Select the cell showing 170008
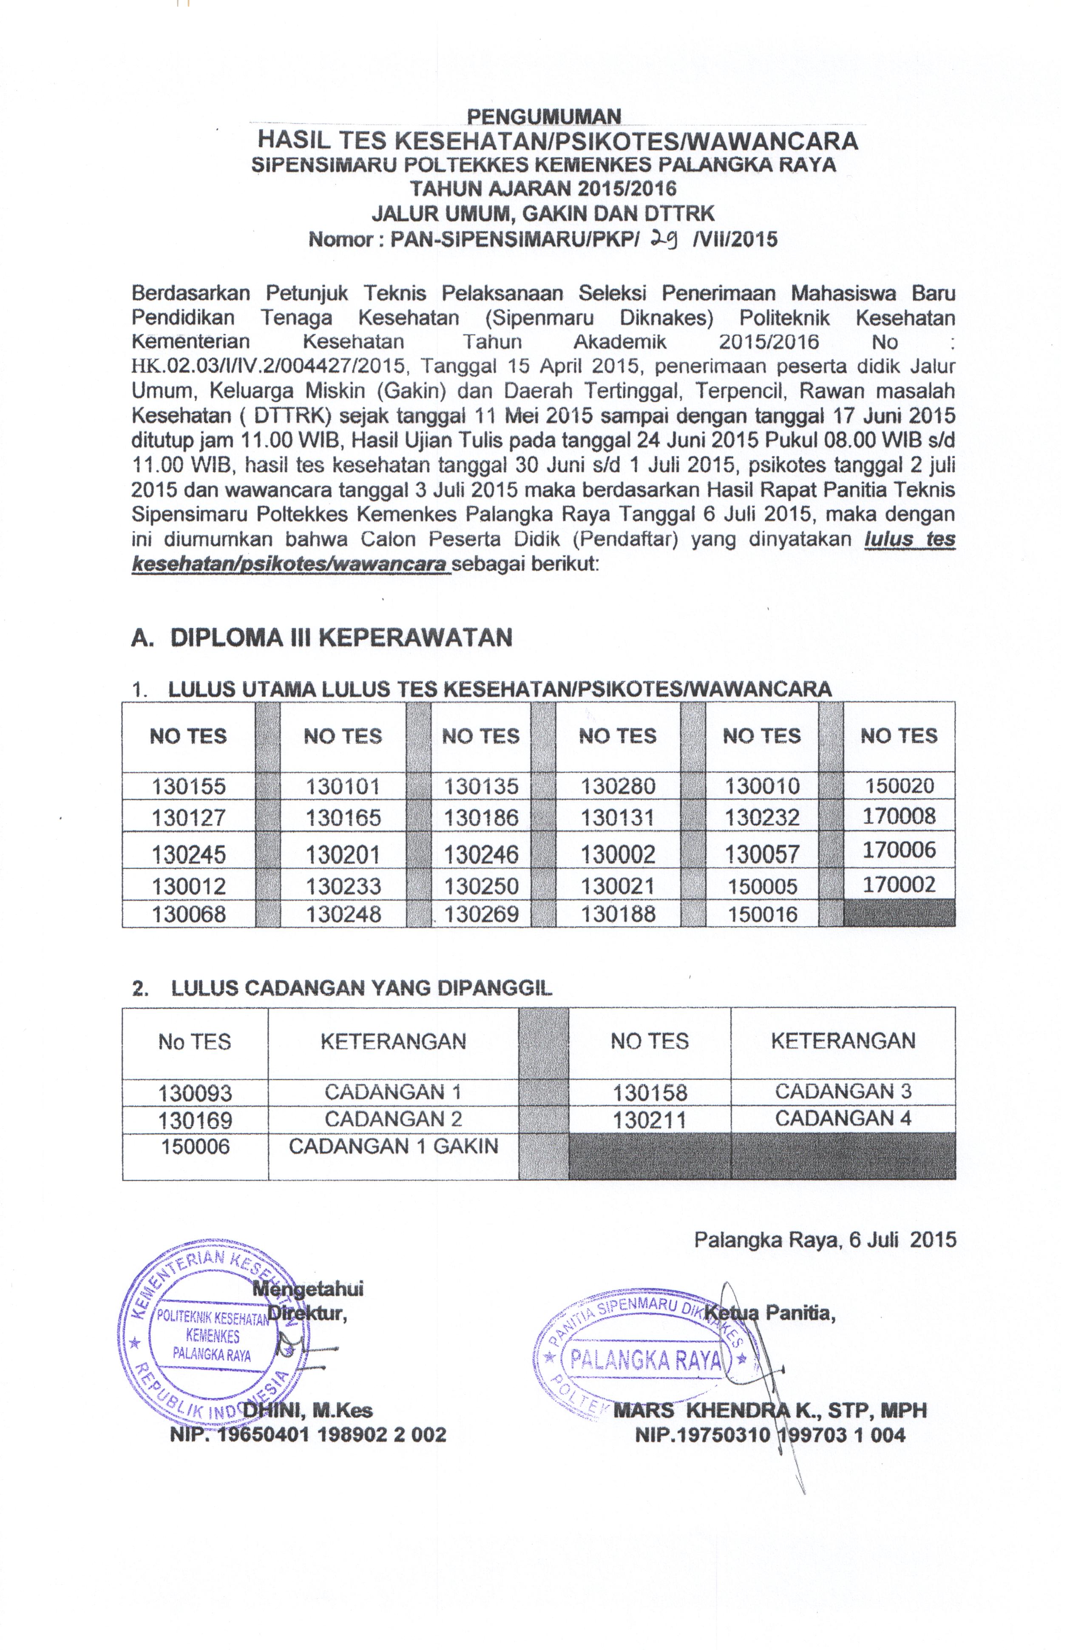pos(899,816)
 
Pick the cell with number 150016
pos(762,914)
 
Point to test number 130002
pos(618,853)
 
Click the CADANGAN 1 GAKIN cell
pos(393,1146)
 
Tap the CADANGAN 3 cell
pos(843,1091)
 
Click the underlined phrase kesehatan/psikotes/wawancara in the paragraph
pos(290,564)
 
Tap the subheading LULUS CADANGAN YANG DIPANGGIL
pos(360,989)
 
